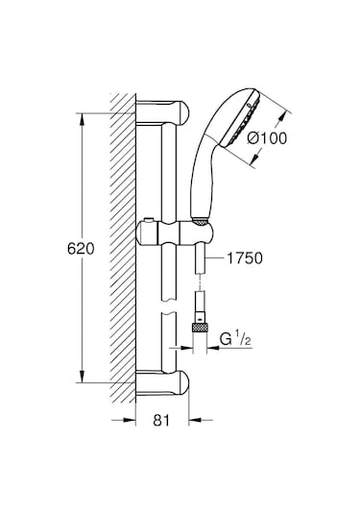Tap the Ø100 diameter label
(268, 137)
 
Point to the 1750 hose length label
(246, 257)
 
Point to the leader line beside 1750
(215, 257)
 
